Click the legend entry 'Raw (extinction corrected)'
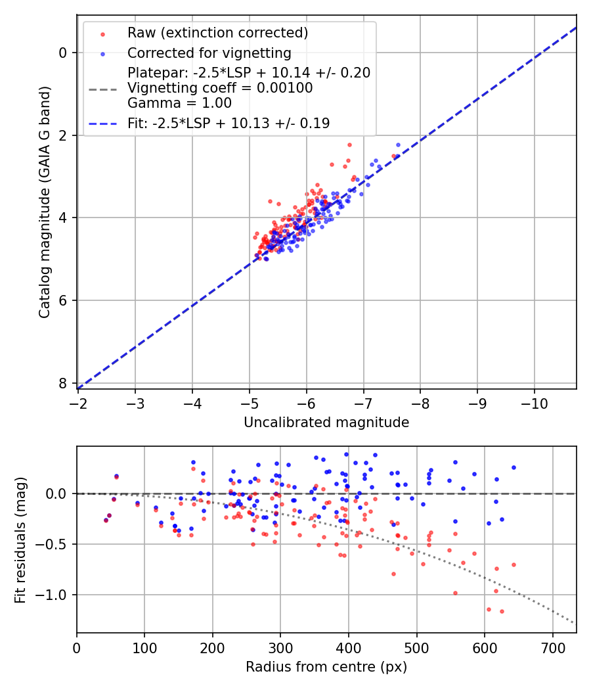coord(217,33)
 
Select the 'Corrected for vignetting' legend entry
coord(209,53)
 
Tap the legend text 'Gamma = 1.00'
coord(179,103)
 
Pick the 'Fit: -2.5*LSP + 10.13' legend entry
coord(229,124)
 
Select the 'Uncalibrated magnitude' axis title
coord(326,423)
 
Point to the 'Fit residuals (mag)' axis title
coord(20,540)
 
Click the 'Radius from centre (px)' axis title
coord(326,667)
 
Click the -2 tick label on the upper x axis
coord(77,401)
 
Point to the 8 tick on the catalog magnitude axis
coord(63,383)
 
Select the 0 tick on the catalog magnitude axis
coord(63,53)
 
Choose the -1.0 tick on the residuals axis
coord(55,595)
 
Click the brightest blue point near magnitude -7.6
coord(398,145)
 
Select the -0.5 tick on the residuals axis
coord(55,544)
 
